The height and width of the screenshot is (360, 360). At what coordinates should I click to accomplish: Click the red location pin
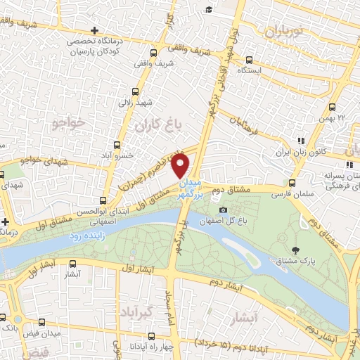click(181, 165)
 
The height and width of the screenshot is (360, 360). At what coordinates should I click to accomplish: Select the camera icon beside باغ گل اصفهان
click(224, 210)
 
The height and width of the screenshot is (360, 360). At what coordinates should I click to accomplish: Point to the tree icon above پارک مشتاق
click(295, 251)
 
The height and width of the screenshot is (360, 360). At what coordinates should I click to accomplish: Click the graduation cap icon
click(209, 9)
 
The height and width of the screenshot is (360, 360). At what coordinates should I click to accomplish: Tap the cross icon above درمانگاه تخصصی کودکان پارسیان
click(94, 30)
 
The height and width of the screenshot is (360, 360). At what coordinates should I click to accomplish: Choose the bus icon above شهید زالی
click(136, 91)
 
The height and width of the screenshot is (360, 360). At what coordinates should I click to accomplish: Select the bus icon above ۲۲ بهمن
click(332, 107)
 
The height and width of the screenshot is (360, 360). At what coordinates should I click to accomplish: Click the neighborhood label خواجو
click(68, 124)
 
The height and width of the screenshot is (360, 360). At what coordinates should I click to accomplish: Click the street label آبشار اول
click(132, 269)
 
